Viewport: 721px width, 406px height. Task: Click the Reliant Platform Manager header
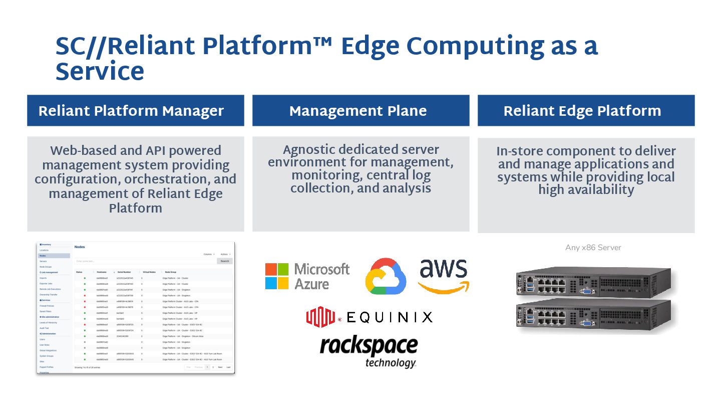[x=131, y=111]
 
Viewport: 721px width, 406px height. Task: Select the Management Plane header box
[x=358, y=111]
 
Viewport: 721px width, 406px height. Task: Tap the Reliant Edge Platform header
[x=582, y=111]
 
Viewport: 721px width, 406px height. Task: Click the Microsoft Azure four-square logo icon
[x=277, y=276]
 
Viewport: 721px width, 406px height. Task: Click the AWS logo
[x=443, y=276]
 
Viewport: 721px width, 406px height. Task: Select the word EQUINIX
[x=389, y=317]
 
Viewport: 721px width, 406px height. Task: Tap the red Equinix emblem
[x=320, y=316]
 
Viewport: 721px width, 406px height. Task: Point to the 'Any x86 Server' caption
[x=593, y=248]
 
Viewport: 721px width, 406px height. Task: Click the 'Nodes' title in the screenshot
[x=80, y=247]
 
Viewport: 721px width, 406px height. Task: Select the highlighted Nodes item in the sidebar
[x=54, y=256]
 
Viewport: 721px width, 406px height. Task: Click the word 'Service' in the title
[x=100, y=72]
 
